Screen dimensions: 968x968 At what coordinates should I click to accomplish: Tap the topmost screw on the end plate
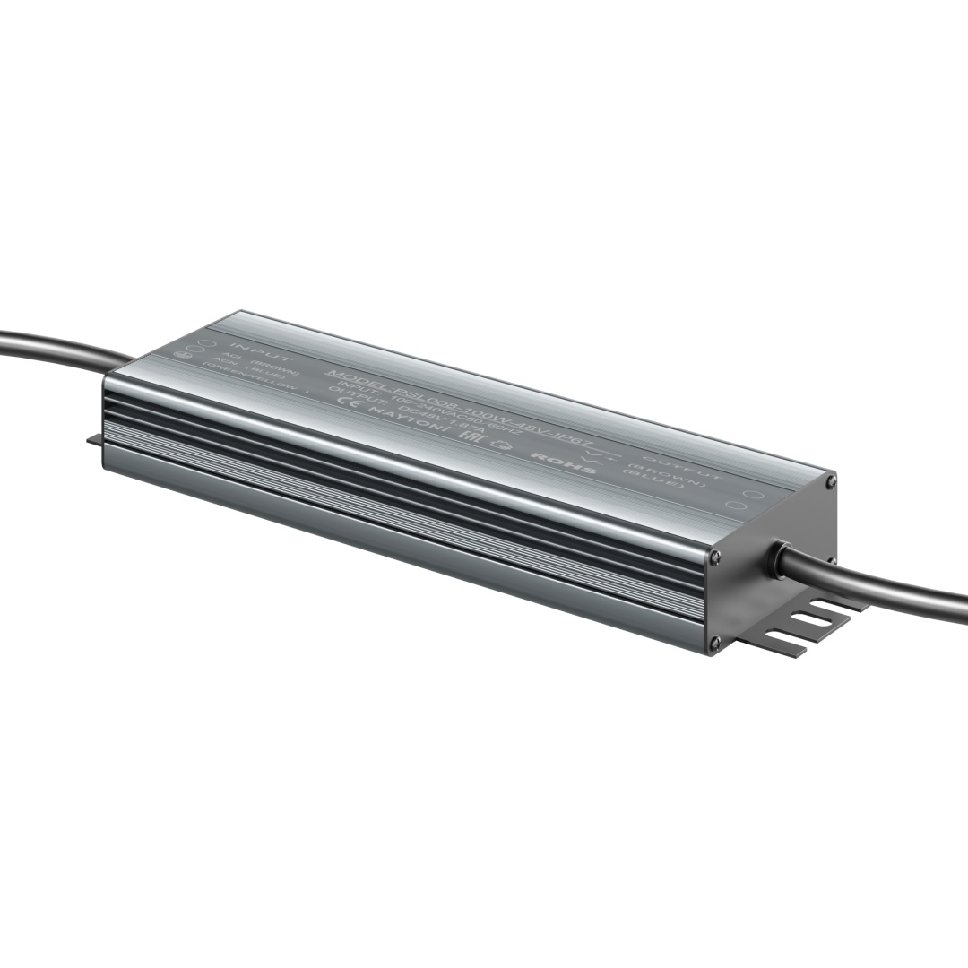(833, 482)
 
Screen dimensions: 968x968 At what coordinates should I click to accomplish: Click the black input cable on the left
(54, 345)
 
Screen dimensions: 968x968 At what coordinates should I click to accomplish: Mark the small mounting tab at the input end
(94, 439)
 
